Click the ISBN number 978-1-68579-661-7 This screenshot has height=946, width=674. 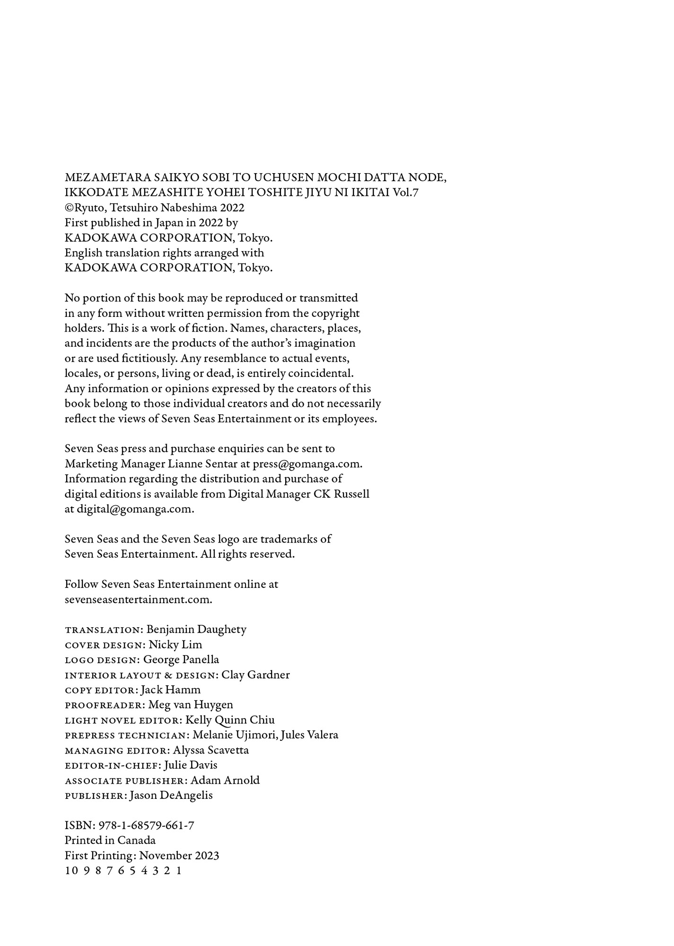[146, 825]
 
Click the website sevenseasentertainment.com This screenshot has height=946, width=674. [138, 599]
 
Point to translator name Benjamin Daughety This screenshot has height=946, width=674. [196, 630]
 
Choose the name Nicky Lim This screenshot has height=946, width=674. [175, 645]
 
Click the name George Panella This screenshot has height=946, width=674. [181, 660]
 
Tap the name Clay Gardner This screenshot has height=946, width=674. [255, 675]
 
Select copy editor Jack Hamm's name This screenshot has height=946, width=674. [171, 690]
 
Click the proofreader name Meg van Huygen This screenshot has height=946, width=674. [191, 705]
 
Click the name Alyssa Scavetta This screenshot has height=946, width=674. [211, 750]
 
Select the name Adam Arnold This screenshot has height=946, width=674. [225, 780]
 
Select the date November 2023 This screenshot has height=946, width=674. [179, 856]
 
